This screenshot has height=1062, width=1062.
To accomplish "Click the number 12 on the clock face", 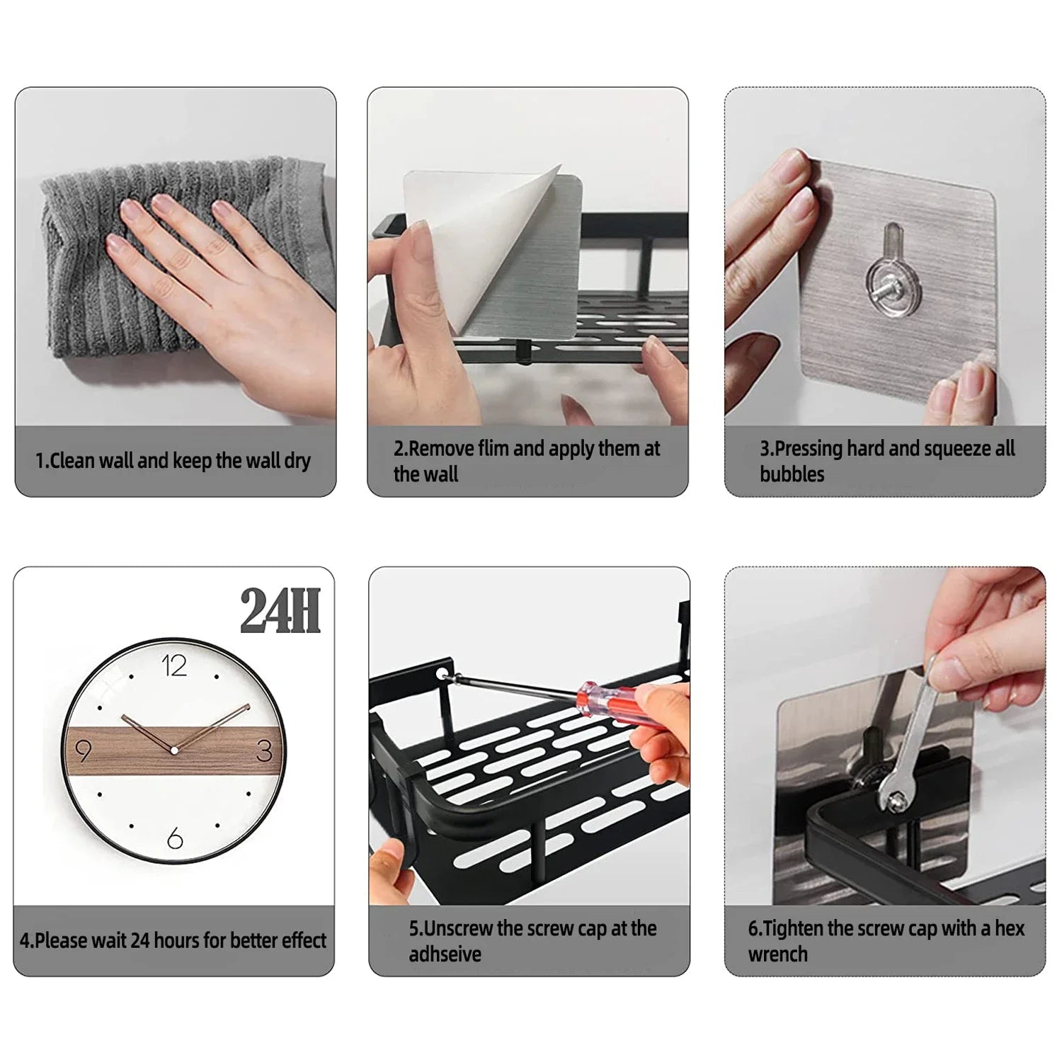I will tap(174, 666).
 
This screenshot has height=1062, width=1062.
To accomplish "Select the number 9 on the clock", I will tap(84, 750).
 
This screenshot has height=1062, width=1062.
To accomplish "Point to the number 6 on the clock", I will tap(175, 839).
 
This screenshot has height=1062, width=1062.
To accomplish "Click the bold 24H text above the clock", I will tap(280, 611).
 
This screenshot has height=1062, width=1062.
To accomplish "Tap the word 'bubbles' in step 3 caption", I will tap(792, 474).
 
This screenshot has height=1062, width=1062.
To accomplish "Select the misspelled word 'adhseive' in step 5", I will tap(445, 954).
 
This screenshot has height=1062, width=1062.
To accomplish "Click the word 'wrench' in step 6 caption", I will tap(777, 954).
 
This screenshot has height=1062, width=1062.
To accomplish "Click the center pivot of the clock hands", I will tap(174, 750).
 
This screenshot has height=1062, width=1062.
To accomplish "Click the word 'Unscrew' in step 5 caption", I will tap(459, 929).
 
